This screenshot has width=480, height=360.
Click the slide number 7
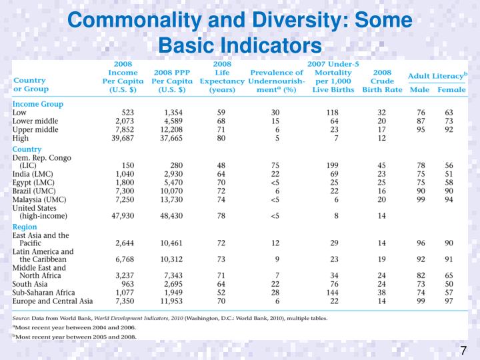pos(463,351)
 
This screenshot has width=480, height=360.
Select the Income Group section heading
pos(38,104)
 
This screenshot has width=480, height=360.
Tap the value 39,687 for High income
pos(125,138)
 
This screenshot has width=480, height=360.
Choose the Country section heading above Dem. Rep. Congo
pos(27,149)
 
